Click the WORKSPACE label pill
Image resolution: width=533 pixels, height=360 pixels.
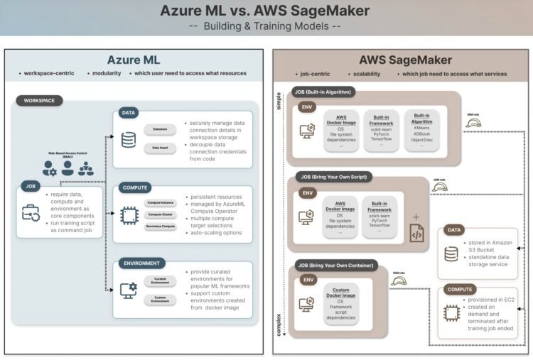[x=39, y=101]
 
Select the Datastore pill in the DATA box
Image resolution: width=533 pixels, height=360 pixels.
[x=160, y=129]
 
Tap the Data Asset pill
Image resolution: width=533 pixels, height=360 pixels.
[x=160, y=147]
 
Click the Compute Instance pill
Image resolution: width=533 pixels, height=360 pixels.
[x=160, y=202]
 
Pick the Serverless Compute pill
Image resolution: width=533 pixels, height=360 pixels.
[x=160, y=227]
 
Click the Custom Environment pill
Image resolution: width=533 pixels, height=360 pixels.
[x=160, y=300]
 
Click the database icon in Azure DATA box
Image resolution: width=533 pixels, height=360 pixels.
[x=129, y=140]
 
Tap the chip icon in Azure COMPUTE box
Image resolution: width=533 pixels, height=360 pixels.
[x=129, y=216]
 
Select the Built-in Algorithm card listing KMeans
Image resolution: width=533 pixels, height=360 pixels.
[x=422, y=130]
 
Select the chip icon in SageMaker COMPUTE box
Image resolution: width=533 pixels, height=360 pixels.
[x=452, y=312]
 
